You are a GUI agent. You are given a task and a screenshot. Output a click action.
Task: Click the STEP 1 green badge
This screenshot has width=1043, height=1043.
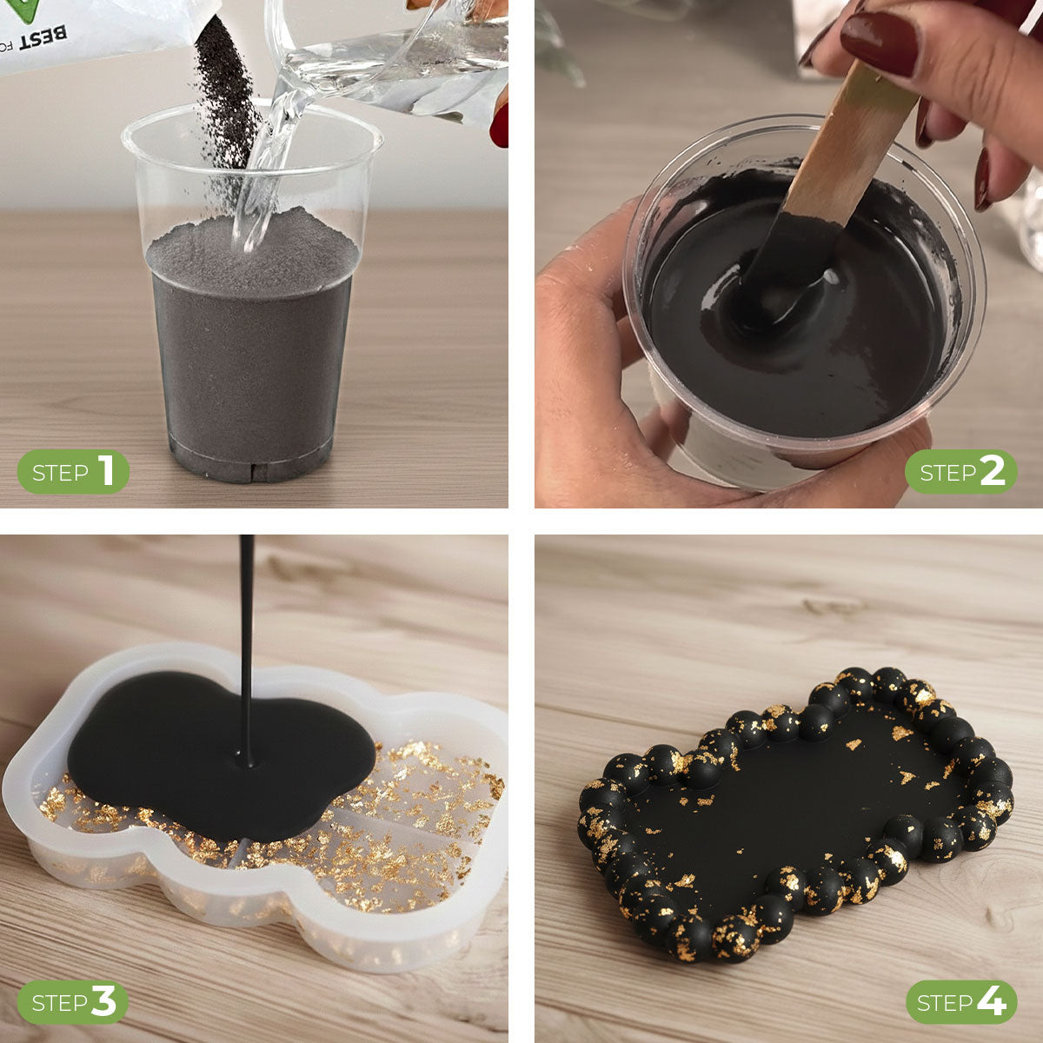pyautogui.click(x=73, y=472)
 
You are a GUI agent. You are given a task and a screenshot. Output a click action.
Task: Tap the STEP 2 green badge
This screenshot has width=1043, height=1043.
pyautogui.click(x=960, y=472)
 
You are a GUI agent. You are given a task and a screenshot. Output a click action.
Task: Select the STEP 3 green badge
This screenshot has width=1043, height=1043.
pyautogui.click(x=73, y=1002)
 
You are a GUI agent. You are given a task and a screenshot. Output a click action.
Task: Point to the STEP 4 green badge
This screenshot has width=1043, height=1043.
pyautogui.click(x=960, y=1002)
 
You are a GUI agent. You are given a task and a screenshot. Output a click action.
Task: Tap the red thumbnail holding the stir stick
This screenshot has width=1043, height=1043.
pyautogui.click(x=879, y=43)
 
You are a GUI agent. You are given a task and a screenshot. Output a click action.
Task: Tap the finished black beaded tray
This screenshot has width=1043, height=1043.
pyautogui.click(x=795, y=813)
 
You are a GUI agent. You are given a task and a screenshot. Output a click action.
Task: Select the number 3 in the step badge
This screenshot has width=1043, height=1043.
pyautogui.click(x=103, y=1002)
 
